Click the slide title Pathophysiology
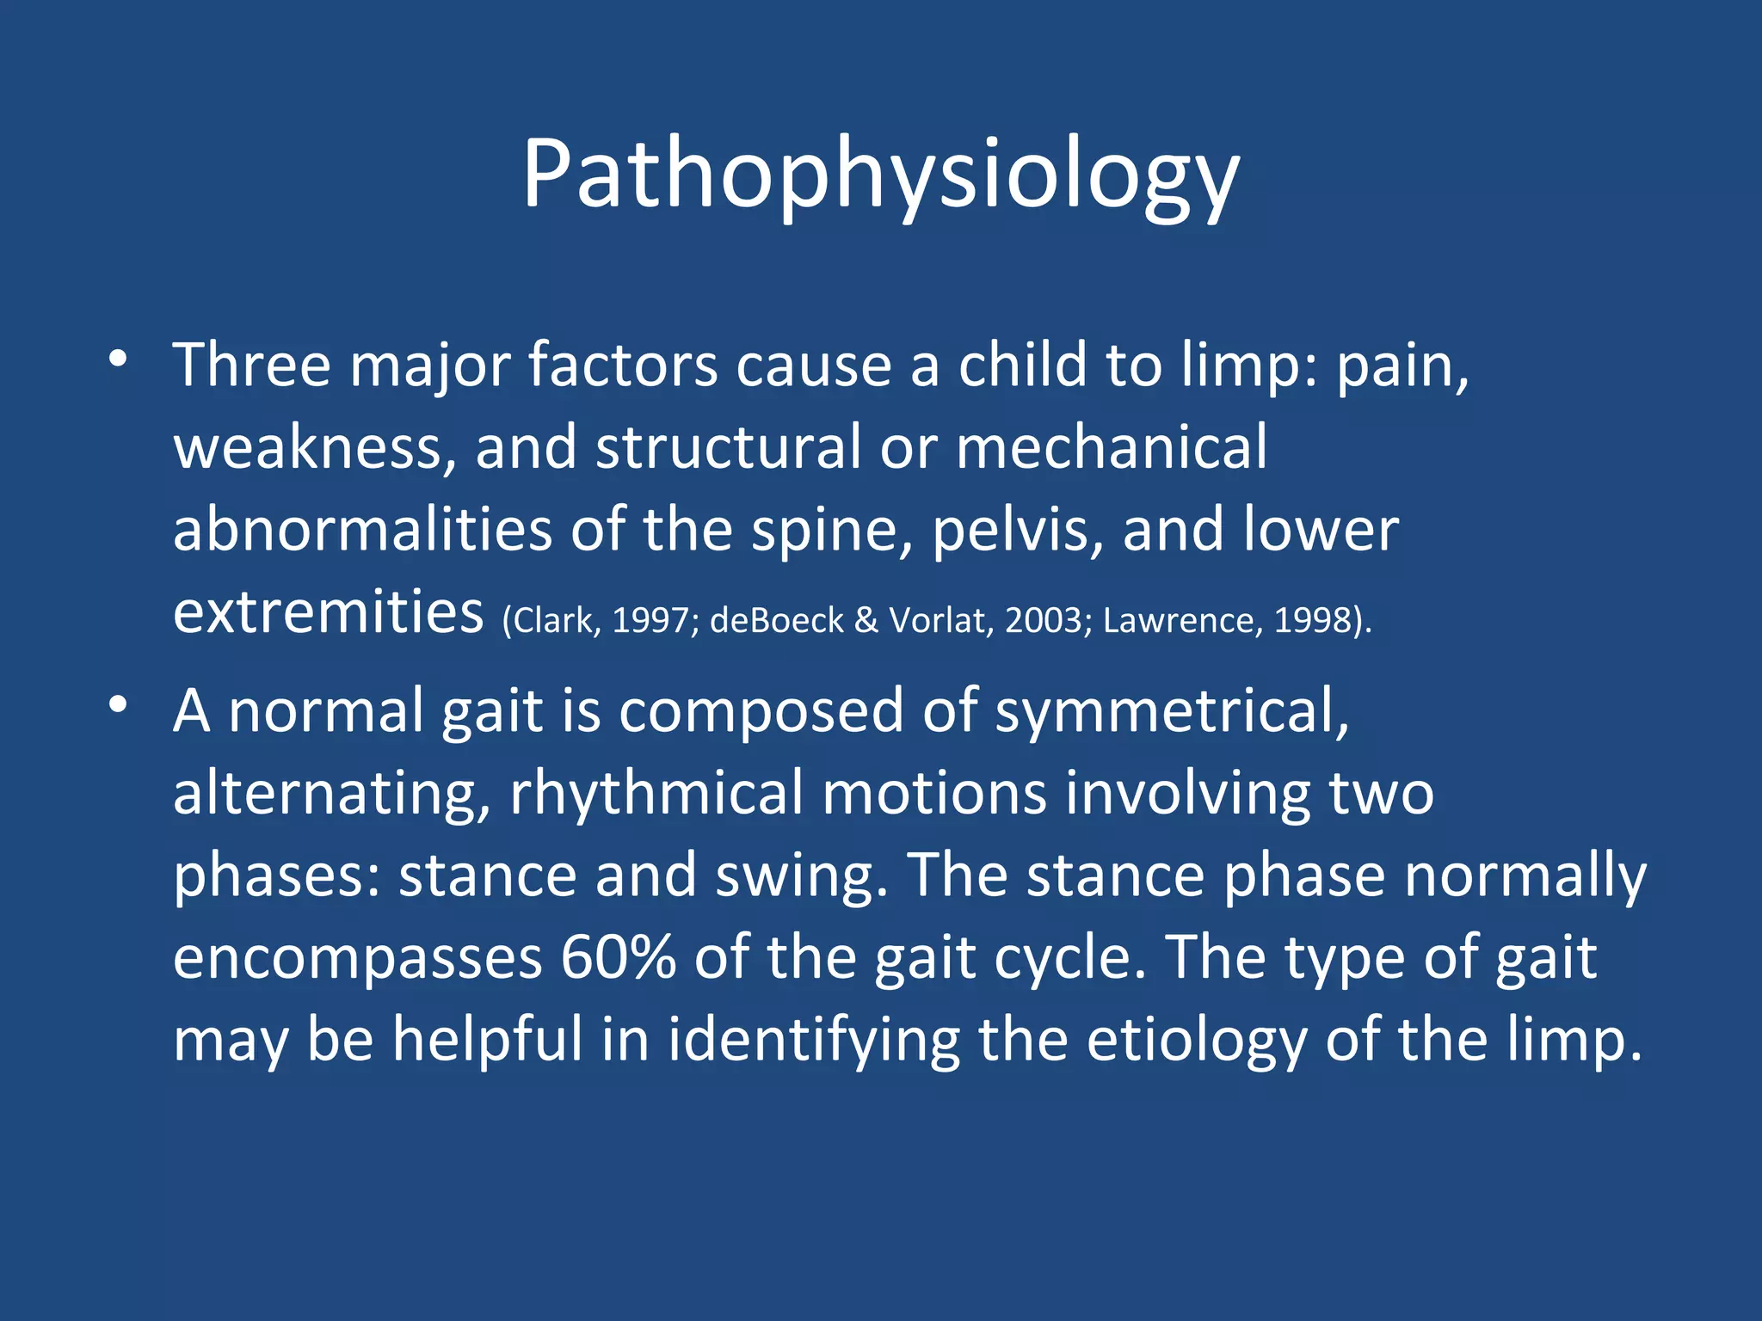click(x=880, y=175)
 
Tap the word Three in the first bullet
click(x=251, y=366)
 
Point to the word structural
click(x=728, y=447)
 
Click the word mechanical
click(x=1111, y=447)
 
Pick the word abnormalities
click(x=362, y=530)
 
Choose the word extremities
click(x=328, y=612)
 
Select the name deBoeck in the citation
click(x=776, y=621)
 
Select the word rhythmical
click(x=656, y=793)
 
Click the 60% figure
click(x=617, y=957)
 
